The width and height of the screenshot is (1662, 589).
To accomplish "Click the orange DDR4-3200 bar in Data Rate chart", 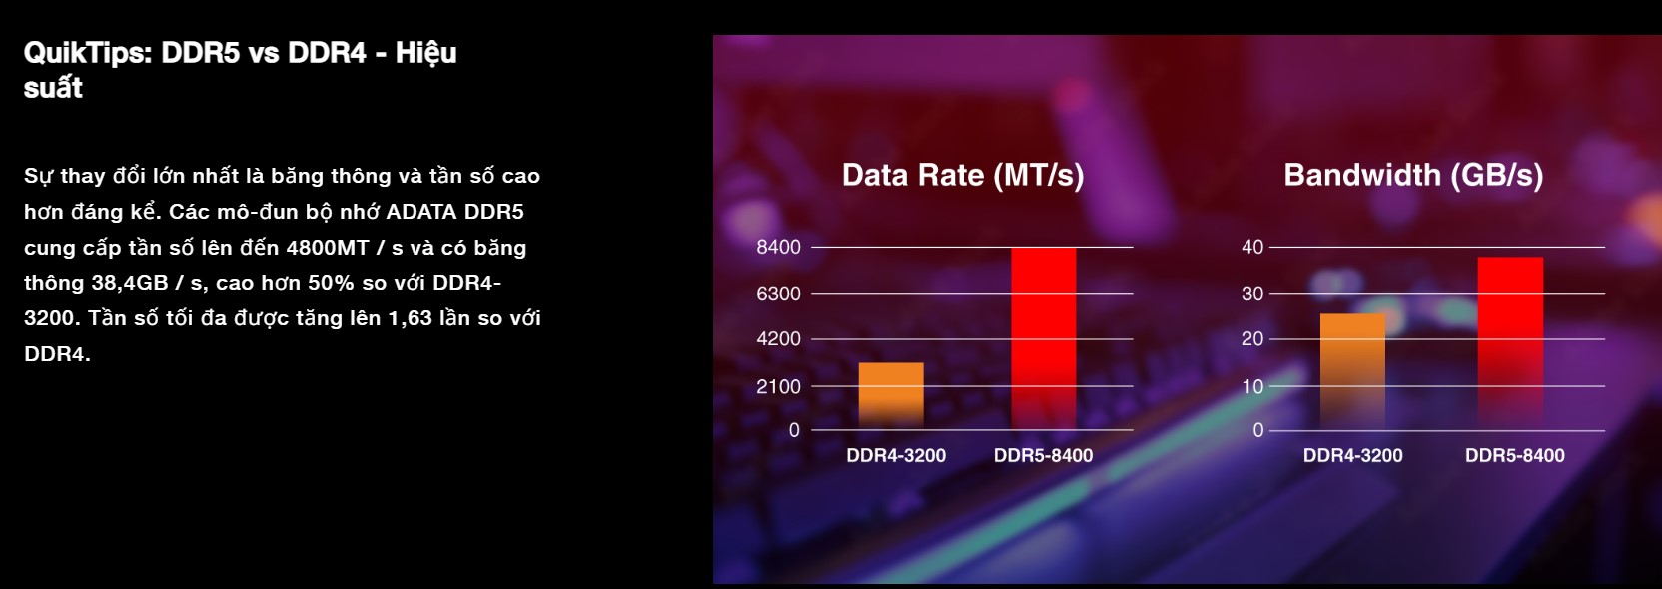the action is click(x=891, y=396).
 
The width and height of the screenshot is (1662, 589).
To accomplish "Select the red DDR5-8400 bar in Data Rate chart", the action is click(x=1043, y=338).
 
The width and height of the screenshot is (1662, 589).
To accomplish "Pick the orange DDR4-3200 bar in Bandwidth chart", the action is click(x=1352, y=371).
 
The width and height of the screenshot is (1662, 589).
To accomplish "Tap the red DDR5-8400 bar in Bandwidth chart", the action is click(x=1510, y=343).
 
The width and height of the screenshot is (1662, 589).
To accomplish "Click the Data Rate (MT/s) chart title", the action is click(x=962, y=175).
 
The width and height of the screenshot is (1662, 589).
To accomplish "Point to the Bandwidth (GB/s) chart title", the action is click(x=1413, y=175).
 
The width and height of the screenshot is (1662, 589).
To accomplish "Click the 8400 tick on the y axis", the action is click(x=778, y=247).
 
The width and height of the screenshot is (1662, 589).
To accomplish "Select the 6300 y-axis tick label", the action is click(x=778, y=294).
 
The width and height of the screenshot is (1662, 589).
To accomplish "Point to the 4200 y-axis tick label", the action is click(x=778, y=339).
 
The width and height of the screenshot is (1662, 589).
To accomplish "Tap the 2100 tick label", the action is click(x=778, y=386).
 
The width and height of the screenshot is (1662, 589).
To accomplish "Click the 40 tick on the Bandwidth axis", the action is click(x=1252, y=247).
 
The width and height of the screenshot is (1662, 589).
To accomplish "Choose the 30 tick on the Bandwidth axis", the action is click(x=1252, y=294).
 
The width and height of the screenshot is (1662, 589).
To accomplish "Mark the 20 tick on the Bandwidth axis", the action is click(x=1252, y=339).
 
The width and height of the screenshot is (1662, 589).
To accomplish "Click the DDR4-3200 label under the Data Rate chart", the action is click(x=896, y=455).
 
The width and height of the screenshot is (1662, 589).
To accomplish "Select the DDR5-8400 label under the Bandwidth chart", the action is click(x=1514, y=455).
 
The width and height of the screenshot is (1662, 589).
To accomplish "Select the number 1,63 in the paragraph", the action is click(x=410, y=319).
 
